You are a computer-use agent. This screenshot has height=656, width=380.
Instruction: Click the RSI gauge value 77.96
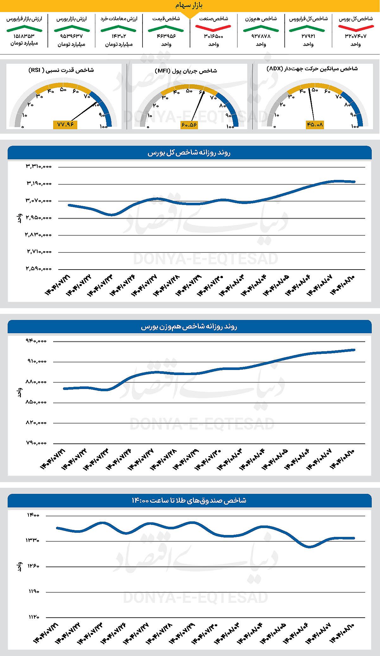coord(65,124)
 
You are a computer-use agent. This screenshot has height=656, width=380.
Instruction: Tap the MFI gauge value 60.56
coord(189,125)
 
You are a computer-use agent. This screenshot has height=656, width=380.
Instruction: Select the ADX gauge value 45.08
coord(314,124)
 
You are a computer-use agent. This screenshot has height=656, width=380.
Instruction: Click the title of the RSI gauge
coord(61,70)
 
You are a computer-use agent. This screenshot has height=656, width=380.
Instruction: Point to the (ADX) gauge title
coord(312,69)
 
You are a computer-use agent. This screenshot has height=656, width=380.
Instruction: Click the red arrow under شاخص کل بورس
coord(356,28)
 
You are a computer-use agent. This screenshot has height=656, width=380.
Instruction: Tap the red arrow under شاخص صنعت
coord(213,28)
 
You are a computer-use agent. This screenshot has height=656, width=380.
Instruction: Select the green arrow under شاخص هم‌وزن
coord(261,29)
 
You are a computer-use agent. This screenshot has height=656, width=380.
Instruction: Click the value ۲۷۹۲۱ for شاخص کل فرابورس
coord(308,36)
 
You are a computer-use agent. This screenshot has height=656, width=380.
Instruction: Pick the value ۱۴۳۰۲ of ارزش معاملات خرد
coord(119,36)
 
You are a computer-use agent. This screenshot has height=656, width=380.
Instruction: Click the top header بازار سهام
coord(189,5)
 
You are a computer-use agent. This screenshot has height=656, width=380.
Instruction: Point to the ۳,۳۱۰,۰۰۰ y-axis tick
coord(39,166)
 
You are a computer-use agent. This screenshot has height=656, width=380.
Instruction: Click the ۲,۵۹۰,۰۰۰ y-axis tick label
coord(39,269)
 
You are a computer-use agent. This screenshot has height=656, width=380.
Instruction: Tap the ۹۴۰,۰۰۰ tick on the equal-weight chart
coord(36,341)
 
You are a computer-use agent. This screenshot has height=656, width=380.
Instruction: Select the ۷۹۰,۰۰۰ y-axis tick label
coord(36,443)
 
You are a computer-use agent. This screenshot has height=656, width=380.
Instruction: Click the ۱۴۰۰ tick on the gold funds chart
coord(33,515)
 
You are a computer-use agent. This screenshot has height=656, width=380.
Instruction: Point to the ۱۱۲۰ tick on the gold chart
coord(33,617)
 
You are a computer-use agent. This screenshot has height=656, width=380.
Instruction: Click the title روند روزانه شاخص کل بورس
coord(189,153)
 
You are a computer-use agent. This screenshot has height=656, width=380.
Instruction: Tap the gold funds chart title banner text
coord(189,500)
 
